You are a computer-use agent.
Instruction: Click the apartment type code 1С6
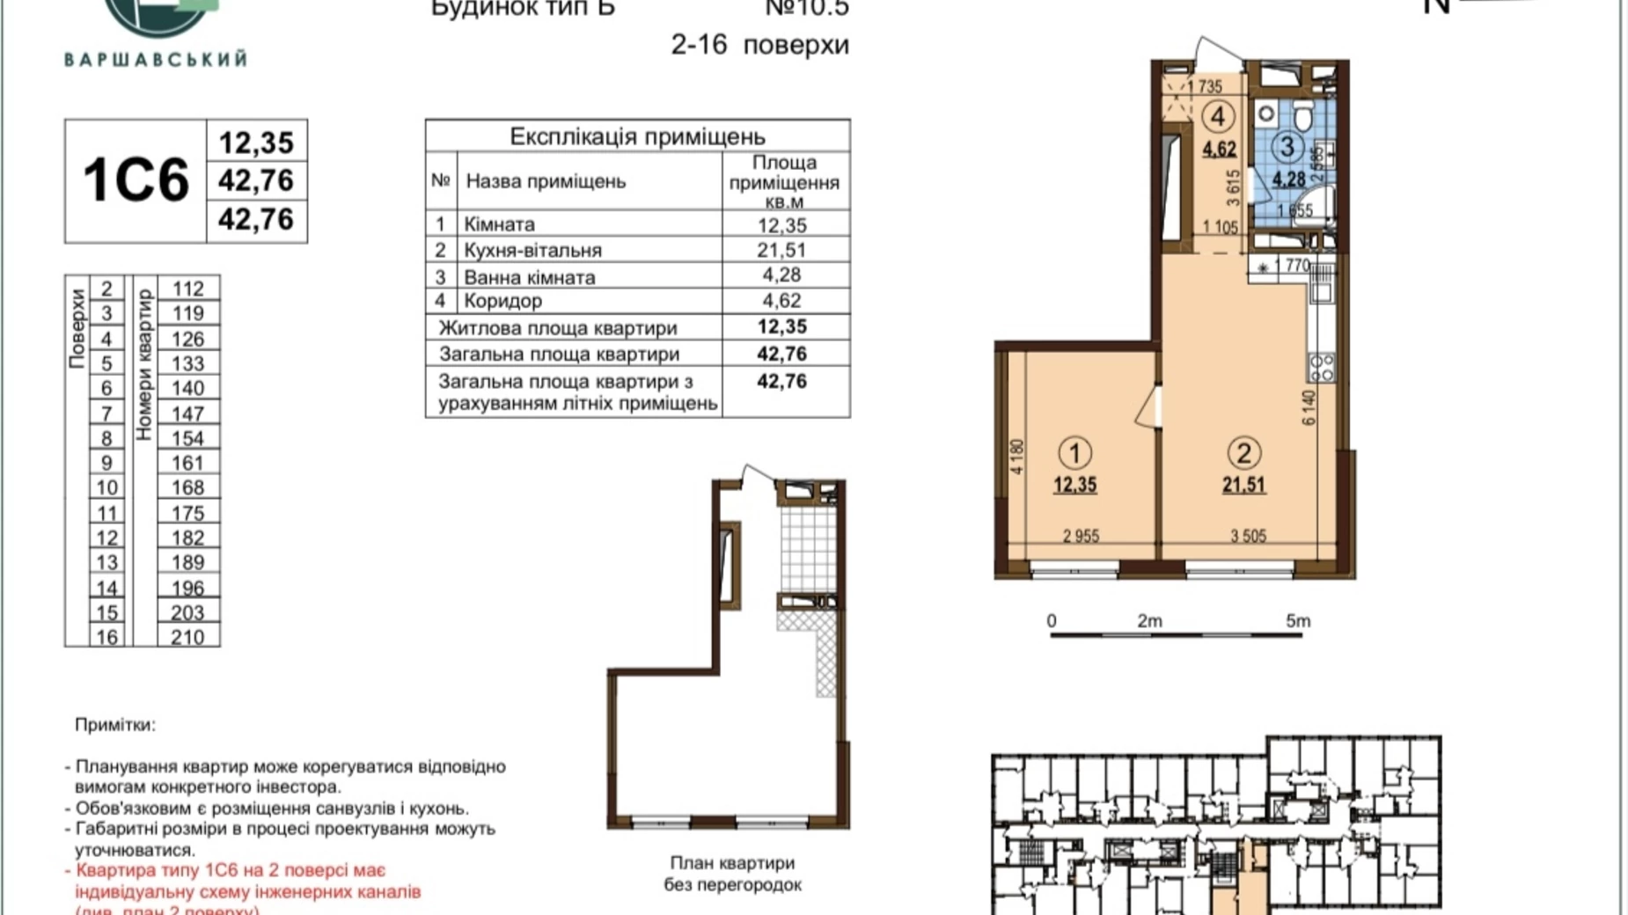tap(136, 180)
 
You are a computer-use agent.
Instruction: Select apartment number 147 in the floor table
tap(187, 414)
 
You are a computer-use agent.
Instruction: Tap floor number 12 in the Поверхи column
tap(106, 538)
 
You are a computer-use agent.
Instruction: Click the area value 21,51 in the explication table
tap(781, 250)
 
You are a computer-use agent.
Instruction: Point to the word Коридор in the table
tap(502, 301)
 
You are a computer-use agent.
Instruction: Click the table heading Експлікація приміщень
tap(637, 136)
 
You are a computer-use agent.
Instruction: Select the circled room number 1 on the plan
tap(1074, 453)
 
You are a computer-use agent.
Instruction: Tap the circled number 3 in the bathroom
tap(1287, 146)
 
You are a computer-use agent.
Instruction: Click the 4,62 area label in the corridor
tap(1219, 150)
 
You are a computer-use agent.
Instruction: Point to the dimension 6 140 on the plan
tap(1309, 407)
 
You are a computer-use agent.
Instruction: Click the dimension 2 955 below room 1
tap(1081, 536)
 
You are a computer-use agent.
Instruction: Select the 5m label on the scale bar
tap(1297, 621)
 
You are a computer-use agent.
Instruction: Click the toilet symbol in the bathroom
tap(1303, 113)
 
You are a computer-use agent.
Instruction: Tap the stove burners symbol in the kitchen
tap(1322, 366)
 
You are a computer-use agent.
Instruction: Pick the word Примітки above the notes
tap(114, 725)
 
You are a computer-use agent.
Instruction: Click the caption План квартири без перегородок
tap(732, 874)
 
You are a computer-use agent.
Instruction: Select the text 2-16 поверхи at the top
tap(759, 45)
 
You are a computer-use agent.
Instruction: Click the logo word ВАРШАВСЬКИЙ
tap(156, 60)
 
